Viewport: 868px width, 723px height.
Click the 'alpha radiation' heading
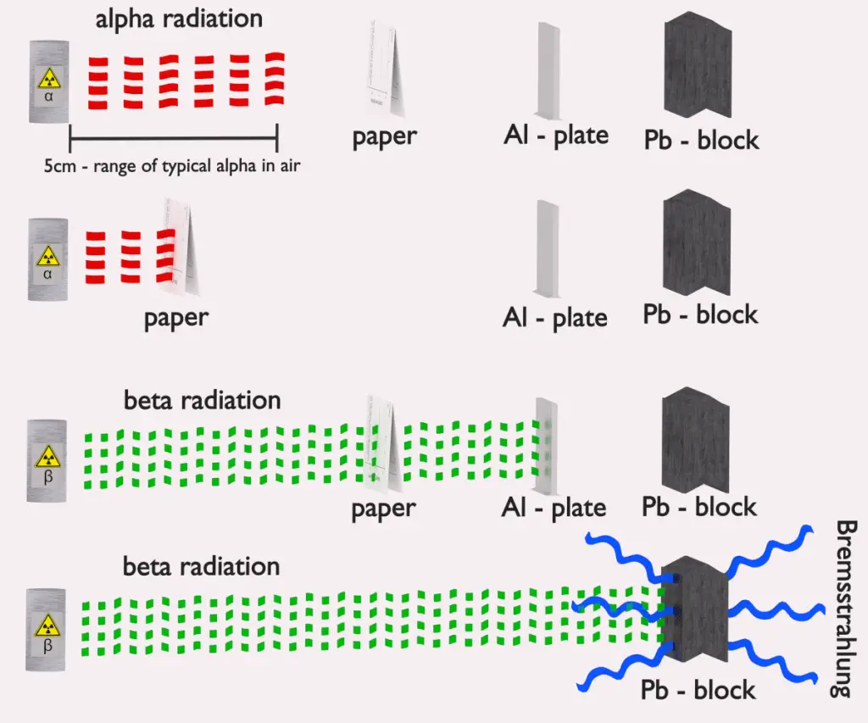click(179, 19)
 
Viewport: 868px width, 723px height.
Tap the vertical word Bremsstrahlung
click(847, 609)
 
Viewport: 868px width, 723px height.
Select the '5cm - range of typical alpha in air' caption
click(173, 167)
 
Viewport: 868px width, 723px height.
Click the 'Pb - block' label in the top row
click(700, 139)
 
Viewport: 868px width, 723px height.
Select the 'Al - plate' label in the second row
click(555, 318)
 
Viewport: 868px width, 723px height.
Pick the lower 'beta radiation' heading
click(201, 565)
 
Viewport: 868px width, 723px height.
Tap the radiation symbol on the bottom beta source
click(48, 626)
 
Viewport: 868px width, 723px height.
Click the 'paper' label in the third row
click(384, 509)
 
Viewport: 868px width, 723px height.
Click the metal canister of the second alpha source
click(48, 259)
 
